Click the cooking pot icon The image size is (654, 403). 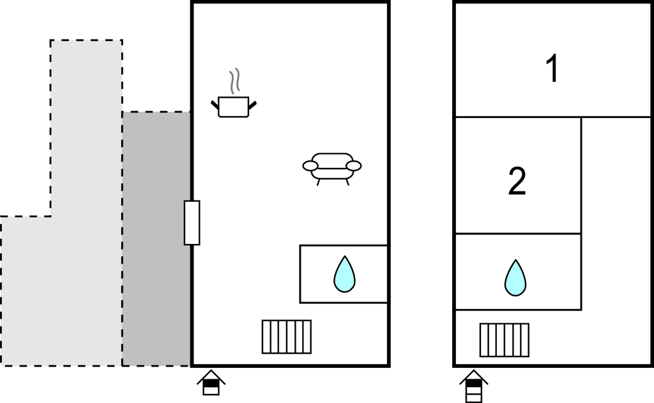(x=233, y=106)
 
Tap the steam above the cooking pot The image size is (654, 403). (x=235, y=81)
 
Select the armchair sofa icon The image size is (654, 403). (x=331, y=166)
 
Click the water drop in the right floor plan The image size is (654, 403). (x=515, y=278)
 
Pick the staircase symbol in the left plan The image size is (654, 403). (x=287, y=337)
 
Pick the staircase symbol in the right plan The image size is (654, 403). (x=505, y=340)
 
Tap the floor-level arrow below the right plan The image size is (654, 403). (x=474, y=386)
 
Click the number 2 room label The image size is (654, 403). (x=517, y=181)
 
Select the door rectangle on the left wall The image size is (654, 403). (x=192, y=222)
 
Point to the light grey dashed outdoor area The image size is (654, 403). (x=70, y=255)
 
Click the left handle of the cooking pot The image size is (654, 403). (x=215, y=104)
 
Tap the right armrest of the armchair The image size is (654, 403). (x=353, y=166)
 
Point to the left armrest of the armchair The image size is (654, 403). (x=310, y=166)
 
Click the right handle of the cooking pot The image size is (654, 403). (x=253, y=104)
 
